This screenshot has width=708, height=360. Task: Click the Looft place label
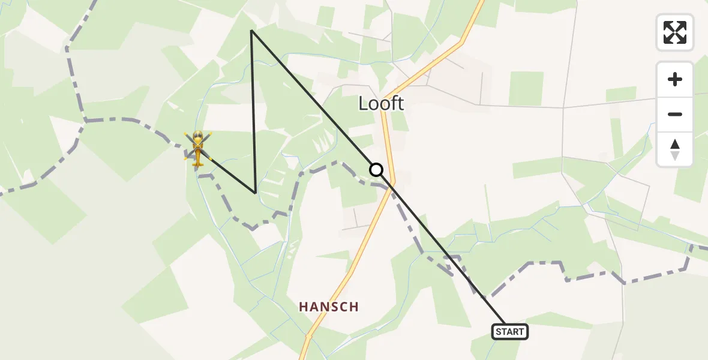point(381,103)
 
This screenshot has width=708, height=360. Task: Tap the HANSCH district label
point(329,307)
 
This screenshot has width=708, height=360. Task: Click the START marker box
point(510,331)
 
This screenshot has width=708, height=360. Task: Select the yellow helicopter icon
point(197,147)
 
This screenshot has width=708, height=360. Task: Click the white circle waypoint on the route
point(376,170)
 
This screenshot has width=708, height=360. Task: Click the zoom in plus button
point(675,79)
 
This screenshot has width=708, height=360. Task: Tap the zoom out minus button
point(675,114)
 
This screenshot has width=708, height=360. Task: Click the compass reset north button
point(675,149)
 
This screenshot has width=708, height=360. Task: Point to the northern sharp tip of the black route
point(251,30)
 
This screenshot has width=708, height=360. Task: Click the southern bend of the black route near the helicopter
point(256,193)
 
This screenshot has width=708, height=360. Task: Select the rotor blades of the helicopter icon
point(197,139)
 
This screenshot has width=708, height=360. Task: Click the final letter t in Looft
point(400,103)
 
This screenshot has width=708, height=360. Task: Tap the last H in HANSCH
point(354,307)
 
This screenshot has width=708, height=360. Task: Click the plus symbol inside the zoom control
point(675,79)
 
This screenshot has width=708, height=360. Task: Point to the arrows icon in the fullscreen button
point(675,32)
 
